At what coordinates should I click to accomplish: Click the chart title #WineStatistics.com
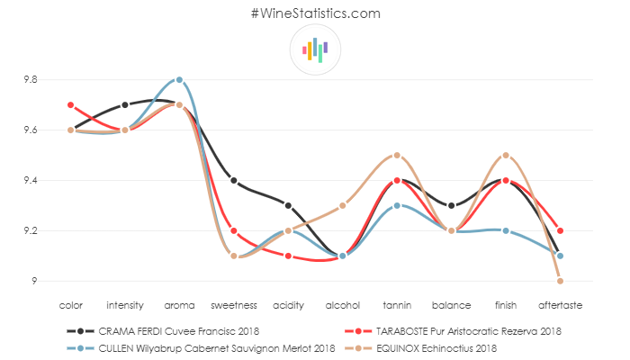tap(315, 13)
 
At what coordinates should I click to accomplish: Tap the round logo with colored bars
tap(315, 50)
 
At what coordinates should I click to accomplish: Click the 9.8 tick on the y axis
tap(30, 80)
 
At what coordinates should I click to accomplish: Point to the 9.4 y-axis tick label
tap(30, 181)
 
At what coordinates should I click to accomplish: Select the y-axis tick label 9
tap(34, 282)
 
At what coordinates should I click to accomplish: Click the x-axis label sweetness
tap(233, 304)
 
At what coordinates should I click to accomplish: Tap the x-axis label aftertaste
tap(560, 304)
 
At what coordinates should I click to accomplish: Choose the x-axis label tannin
tap(397, 304)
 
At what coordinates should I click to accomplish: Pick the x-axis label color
tap(70, 304)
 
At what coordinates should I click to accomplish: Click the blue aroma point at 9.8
tap(179, 79)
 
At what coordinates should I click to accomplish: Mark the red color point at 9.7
tap(70, 105)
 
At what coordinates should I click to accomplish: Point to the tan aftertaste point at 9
tap(560, 282)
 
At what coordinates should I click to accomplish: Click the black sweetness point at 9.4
tap(234, 181)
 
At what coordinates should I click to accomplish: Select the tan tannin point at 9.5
tap(397, 156)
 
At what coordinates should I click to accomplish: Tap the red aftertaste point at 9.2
tap(560, 231)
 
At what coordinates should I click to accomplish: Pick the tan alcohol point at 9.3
tap(343, 206)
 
